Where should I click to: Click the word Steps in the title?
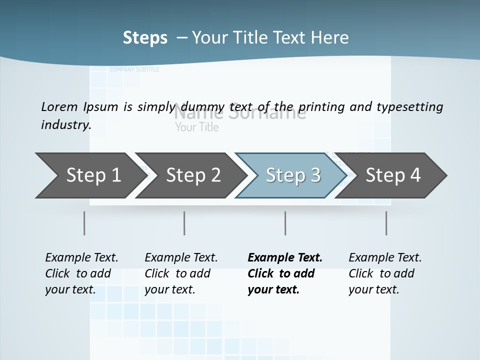[145, 38]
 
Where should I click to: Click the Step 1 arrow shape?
[90, 175]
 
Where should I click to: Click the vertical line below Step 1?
[84, 223]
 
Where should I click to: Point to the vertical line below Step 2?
[184, 223]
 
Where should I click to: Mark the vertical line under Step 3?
[285, 223]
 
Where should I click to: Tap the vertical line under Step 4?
[386, 223]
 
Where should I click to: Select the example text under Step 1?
[81, 273]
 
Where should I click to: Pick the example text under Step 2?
[181, 273]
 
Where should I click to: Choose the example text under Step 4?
[385, 273]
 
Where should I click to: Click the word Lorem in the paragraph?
[59, 107]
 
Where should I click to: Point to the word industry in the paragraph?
[65, 125]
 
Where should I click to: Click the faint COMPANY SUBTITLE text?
[134, 70]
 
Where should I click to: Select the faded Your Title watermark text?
[197, 127]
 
